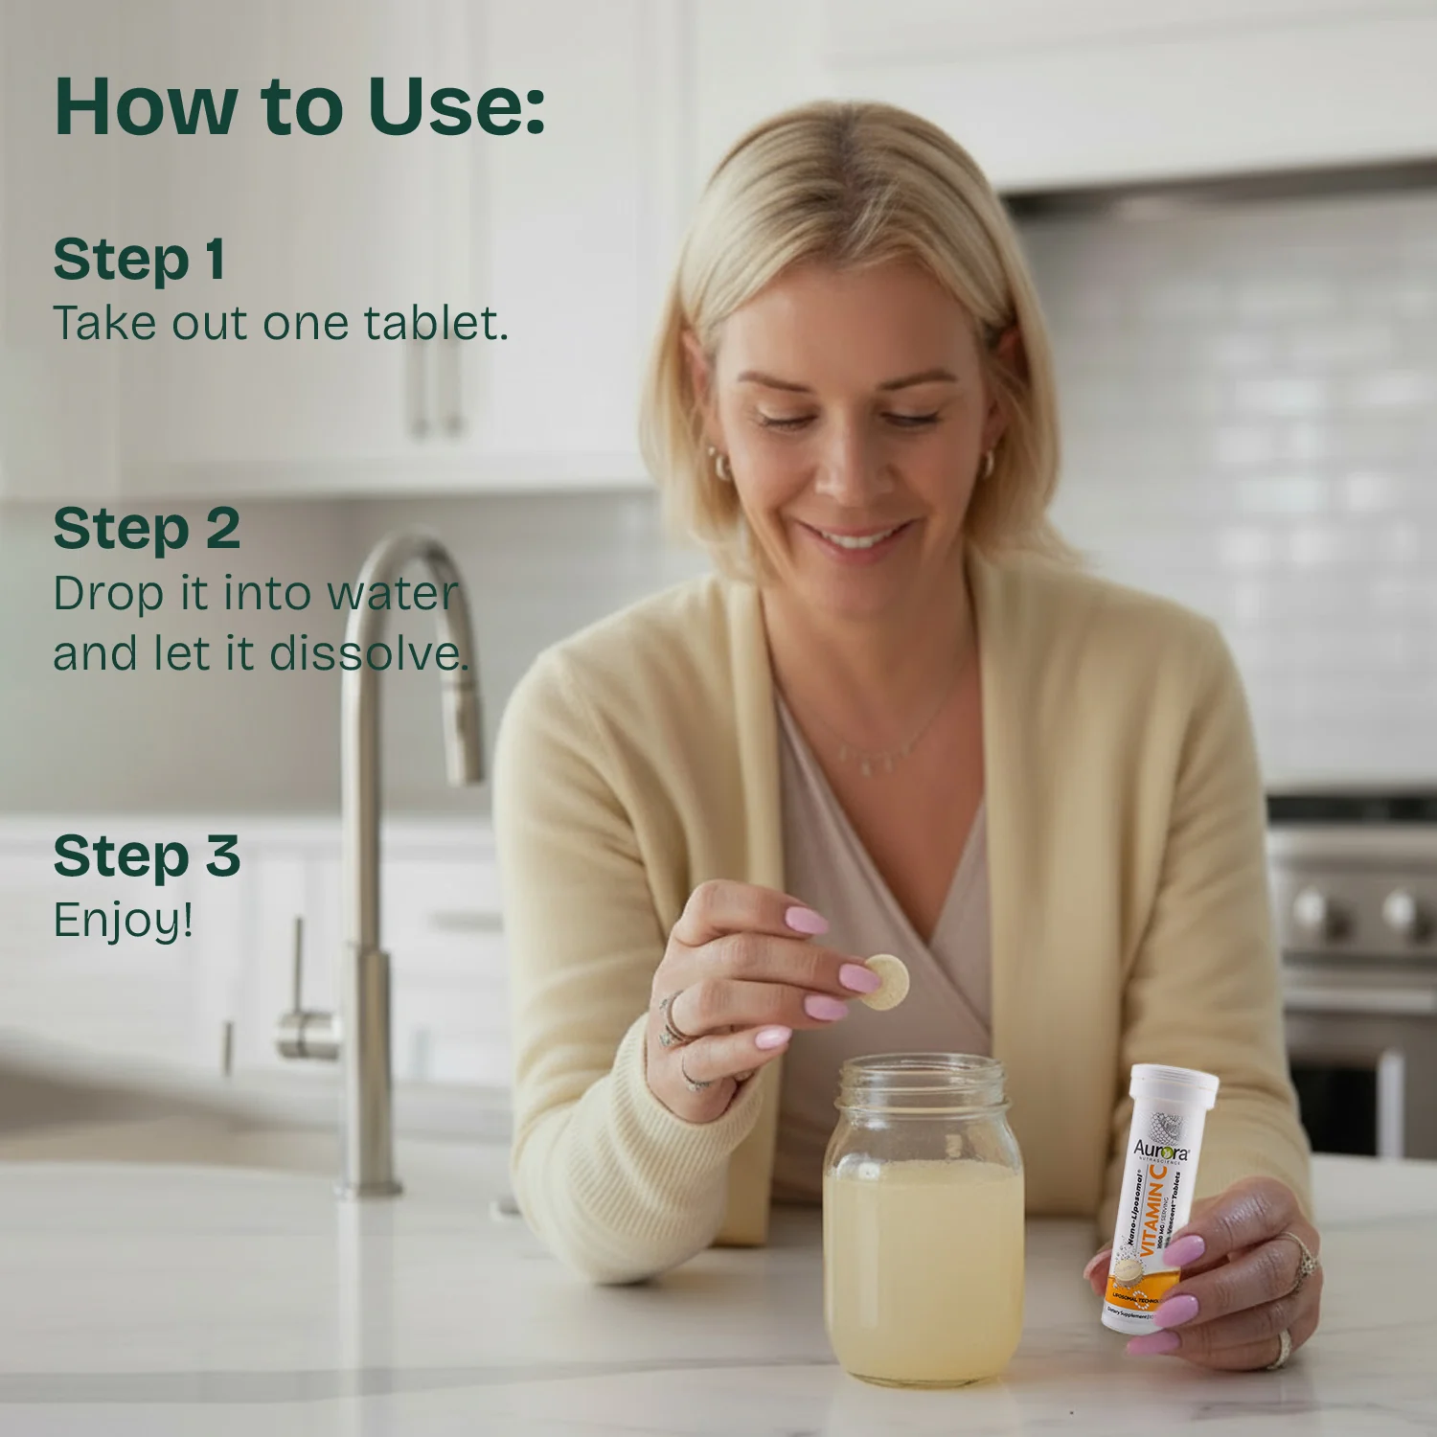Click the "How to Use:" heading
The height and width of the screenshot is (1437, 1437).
[300, 105]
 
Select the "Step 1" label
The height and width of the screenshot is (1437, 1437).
[140, 260]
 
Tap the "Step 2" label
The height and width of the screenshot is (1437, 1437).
[147, 529]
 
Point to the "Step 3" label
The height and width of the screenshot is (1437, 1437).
[147, 855]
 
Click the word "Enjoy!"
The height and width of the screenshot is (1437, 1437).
[124, 921]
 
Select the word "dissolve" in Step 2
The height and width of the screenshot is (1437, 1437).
[369, 654]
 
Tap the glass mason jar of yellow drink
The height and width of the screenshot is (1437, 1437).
[923, 1236]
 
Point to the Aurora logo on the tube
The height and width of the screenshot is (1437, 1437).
[1161, 1149]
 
